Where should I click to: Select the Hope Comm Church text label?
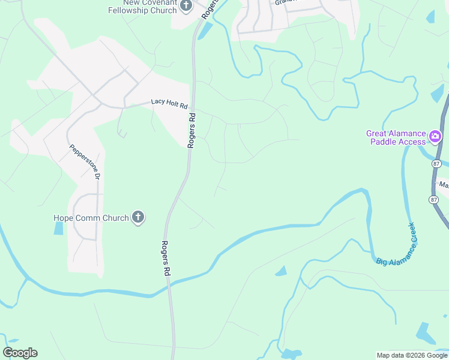pos(91,218)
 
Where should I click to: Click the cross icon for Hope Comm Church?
pos(138,217)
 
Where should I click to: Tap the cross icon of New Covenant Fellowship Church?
pos(185,6)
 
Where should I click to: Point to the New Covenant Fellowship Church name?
pos(143,6)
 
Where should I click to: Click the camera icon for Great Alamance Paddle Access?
pos(435,137)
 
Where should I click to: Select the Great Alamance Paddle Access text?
pos(397,137)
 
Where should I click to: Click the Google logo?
pos(20,353)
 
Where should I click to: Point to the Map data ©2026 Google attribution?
pos(411,355)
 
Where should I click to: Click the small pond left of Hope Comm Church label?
pos(58,228)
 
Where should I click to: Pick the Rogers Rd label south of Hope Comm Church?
pos(166,258)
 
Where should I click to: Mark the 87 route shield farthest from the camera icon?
pos(434,199)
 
